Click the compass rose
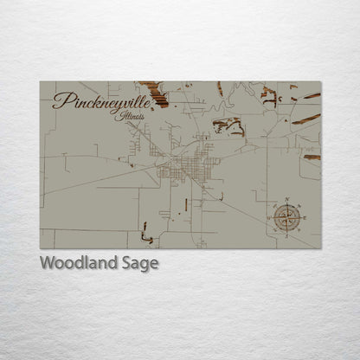(286, 216)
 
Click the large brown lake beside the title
(156, 93)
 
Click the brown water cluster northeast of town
(228, 126)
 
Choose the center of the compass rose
(286, 216)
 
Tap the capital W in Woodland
(47, 264)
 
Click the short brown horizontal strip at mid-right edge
(312, 157)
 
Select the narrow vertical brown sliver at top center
(220, 88)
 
